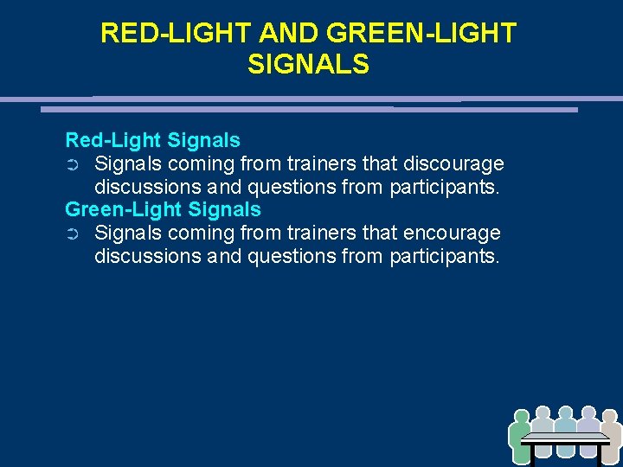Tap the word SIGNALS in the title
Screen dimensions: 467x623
pyautogui.click(x=308, y=64)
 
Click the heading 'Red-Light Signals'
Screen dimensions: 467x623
pyautogui.click(x=153, y=139)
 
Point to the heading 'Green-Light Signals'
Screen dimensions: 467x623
pyautogui.click(x=163, y=209)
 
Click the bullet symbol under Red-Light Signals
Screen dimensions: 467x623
pyautogui.click(x=73, y=164)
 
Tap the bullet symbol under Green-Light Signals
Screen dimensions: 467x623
pyautogui.click(x=73, y=234)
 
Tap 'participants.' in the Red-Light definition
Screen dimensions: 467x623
pyautogui.click(x=445, y=187)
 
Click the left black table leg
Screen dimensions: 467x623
pyautogui.click(x=534, y=456)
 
